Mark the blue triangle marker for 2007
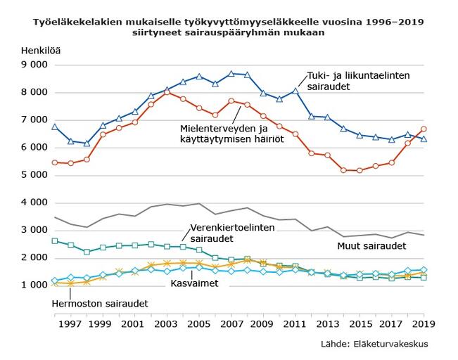pos(231,73)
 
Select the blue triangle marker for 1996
pos(55,127)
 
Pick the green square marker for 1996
pos(55,241)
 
